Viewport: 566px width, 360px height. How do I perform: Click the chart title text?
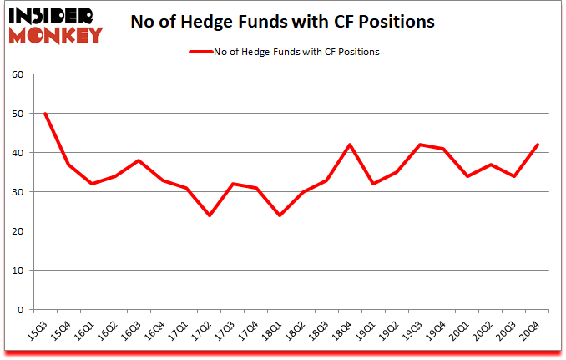[283, 23]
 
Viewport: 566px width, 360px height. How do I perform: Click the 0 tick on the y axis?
[19, 310]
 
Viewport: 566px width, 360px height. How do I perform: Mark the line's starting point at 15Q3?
[44, 114]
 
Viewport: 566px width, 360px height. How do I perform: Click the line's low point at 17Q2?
[209, 215]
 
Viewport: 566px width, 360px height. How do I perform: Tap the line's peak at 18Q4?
[350, 145]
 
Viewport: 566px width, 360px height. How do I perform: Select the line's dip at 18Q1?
[279, 215]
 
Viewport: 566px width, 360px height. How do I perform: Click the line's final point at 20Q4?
[538, 145]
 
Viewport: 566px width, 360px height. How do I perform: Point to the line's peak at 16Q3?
[139, 160]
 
